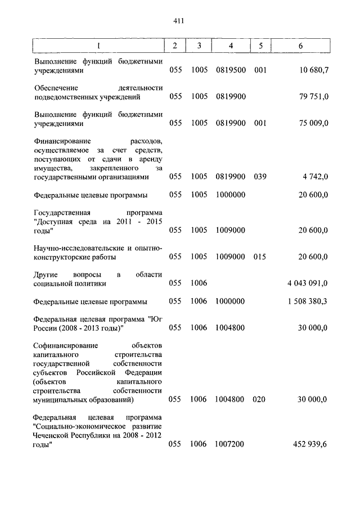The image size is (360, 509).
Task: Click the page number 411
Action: (179, 21)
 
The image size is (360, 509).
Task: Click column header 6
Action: (301, 46)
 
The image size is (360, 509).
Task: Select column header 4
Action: (231, 46)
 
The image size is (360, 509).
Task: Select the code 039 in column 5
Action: (260, 177)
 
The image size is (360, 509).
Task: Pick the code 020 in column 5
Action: (260, 400)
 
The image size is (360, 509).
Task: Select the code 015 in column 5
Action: (260, 256)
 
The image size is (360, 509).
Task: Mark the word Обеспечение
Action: (56, 88)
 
